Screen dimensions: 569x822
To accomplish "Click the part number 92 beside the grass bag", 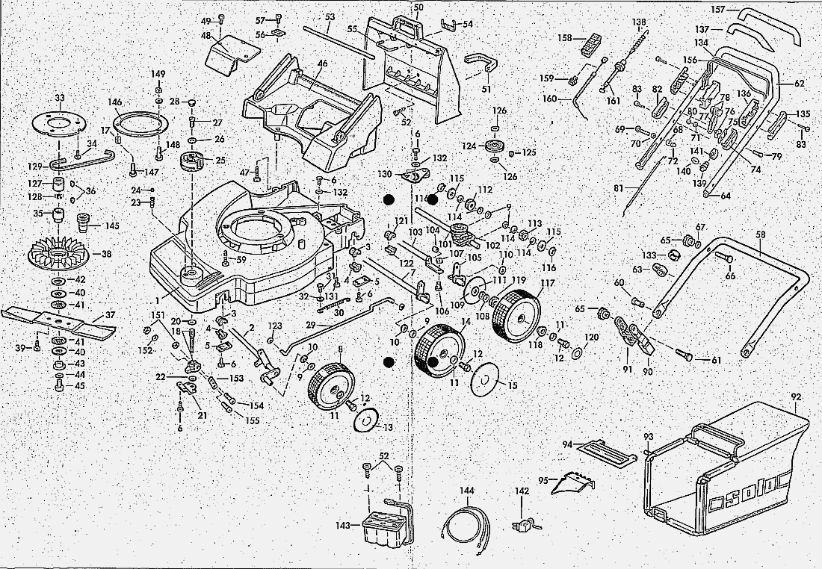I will click(795, 397).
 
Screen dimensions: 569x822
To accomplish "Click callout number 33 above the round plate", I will click(60, 97).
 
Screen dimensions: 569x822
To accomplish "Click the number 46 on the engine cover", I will click(322, 63).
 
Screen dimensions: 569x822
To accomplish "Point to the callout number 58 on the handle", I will click(761, 234).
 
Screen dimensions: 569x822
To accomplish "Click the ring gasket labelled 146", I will click(137, 122).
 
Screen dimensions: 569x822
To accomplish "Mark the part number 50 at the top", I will click(418, 7).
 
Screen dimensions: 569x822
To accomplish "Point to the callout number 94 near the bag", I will click(567, 444).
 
